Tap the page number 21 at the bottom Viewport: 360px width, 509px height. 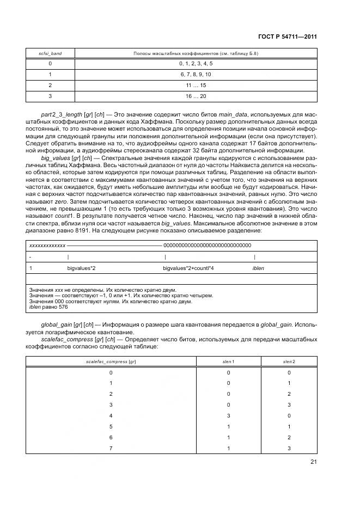pyautogui.click(x=313, y=462)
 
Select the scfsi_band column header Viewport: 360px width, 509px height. pyautogui.click(x=50, y=53)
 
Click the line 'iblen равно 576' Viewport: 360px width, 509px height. pyautogui.click(x=47, y=307)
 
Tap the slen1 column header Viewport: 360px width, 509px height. pyautogui.click(x=229, y=361)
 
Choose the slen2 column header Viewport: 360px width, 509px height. pyautogui.click(x=289, y=361)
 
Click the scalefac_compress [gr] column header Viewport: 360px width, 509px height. pyautogui.click(x=111, y=361)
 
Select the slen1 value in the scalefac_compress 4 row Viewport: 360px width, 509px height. pyautogui.click(x=229, y=415)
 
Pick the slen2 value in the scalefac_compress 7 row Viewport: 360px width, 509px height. pyautogui.click(x=289, y=448)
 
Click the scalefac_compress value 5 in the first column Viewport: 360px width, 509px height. pyautogui.click(x=111, y=426)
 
